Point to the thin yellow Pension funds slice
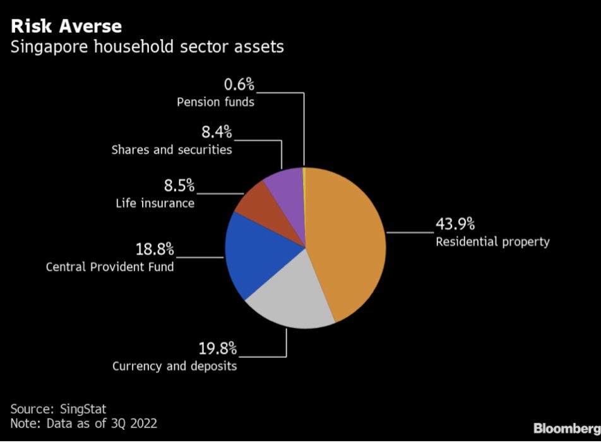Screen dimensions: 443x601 (x=304, y=183)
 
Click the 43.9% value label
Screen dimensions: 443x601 (x=455, y=225)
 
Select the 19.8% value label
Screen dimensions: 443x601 (x=218, y=348)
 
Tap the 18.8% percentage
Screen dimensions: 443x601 (x=155, y=249)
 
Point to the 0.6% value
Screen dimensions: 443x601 (x=239, y=85)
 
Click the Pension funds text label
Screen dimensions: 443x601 (x=215, y=102)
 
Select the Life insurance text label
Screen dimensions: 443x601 (x=155, y=203)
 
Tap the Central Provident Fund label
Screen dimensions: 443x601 (x=110, y=267)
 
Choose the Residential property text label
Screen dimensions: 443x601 (x=492, y=242)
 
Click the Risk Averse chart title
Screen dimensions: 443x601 (x=66, y=27)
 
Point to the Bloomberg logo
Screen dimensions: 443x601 (x=566, y=429)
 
